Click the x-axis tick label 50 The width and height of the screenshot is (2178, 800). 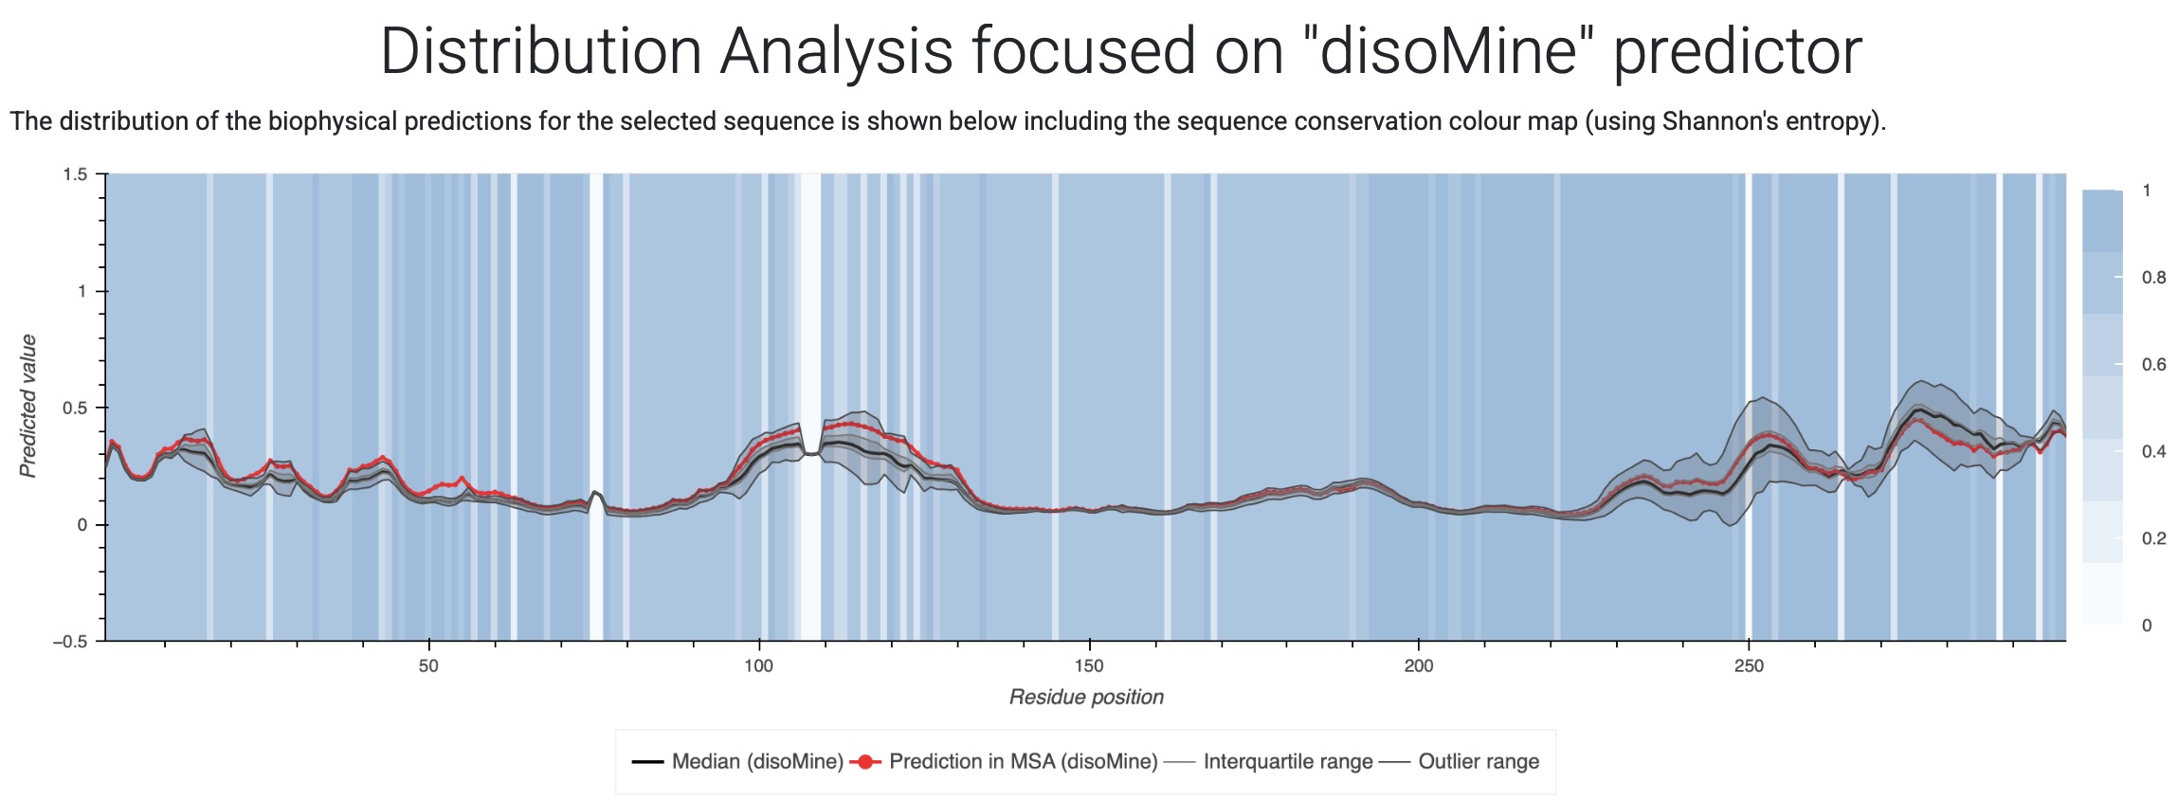point(428,666)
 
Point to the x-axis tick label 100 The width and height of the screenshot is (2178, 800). point(758,666)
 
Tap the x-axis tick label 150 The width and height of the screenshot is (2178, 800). point(1089,666)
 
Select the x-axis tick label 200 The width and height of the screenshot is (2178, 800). point(1419,666)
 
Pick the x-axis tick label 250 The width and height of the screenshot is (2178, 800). point(1749,666)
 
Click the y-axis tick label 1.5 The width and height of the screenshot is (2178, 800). point(75,174)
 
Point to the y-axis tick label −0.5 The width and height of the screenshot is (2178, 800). point(69,642)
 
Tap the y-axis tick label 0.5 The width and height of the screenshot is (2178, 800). point(75,409)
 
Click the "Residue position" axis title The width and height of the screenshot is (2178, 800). point(1086,698)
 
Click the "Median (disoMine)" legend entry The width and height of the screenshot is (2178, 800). point(757,762)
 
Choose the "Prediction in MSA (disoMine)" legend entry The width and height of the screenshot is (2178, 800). point(1024,762)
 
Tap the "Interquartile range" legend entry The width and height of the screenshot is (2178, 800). point(1287,762)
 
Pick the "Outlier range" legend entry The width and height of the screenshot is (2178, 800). point(1478,762)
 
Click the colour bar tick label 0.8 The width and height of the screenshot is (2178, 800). point(2153,278)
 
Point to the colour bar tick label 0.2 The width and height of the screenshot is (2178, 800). point(2153,538)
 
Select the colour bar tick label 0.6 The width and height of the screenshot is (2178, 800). point(2153,365)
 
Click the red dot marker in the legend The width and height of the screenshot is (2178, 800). point(865,762)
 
